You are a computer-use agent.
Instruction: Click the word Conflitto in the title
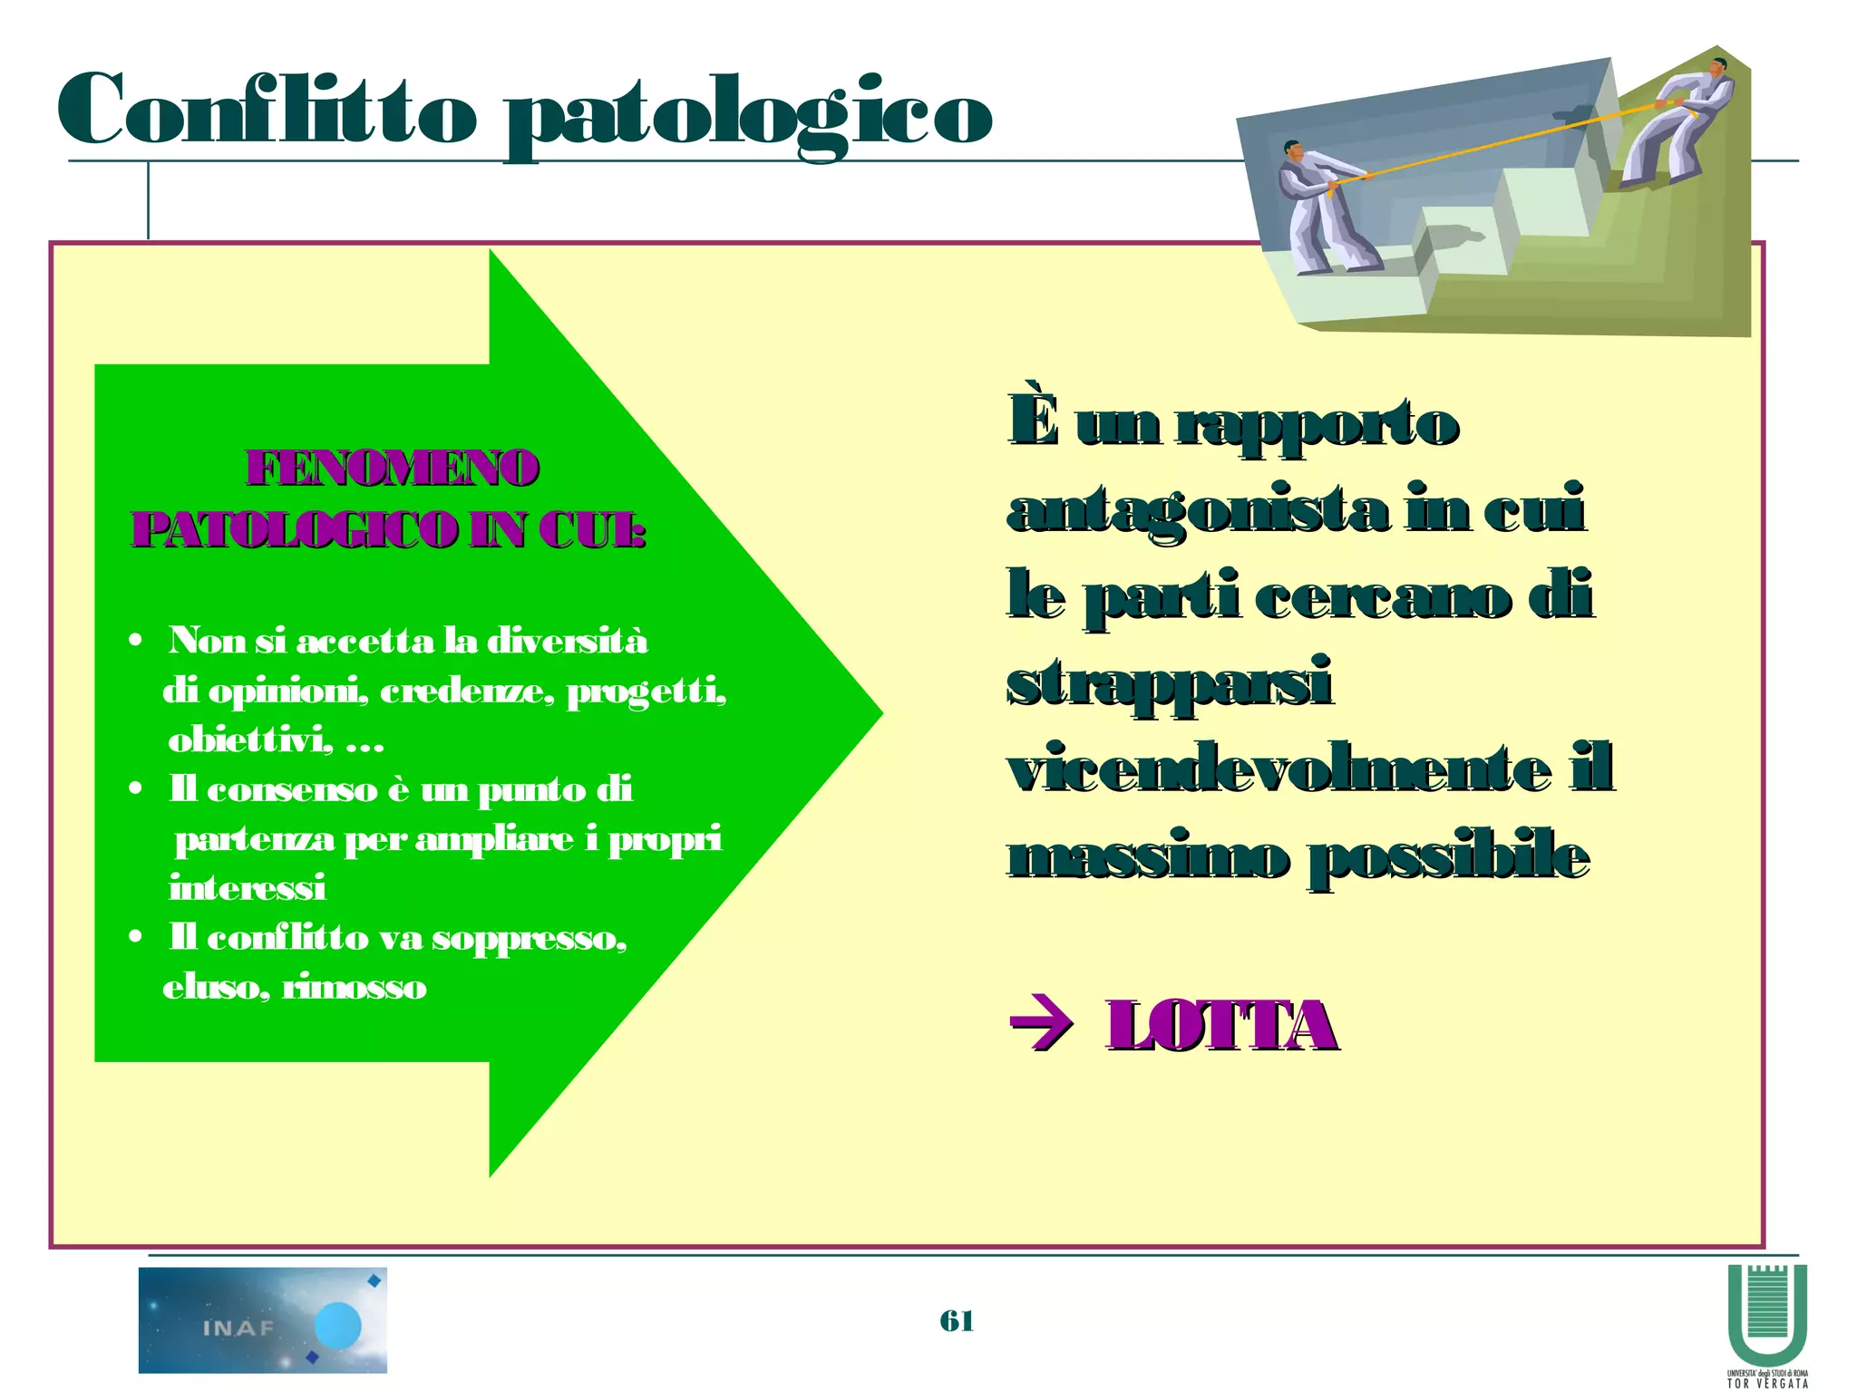pos(267,111)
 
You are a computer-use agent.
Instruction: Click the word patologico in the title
pos(748,116)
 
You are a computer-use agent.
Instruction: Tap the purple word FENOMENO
pos(393,469)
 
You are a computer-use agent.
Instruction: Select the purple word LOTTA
pos(1220,1026)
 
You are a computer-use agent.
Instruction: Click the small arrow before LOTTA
pos(1041,1026)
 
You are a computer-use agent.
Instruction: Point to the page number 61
pos(957,1320)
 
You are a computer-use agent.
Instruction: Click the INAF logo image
pos(262,1319)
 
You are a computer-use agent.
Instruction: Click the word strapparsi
pos(1169,683)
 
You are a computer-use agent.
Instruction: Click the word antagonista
pos(1197,510)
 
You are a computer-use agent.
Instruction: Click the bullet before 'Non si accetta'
pos(135,642)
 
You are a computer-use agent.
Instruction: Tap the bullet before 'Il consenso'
pos(135,789)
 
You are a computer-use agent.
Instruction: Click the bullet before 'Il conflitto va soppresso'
pos(135,937)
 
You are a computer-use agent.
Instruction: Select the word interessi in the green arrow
pos(248,887)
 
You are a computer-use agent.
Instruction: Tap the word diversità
pos(567,641)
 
